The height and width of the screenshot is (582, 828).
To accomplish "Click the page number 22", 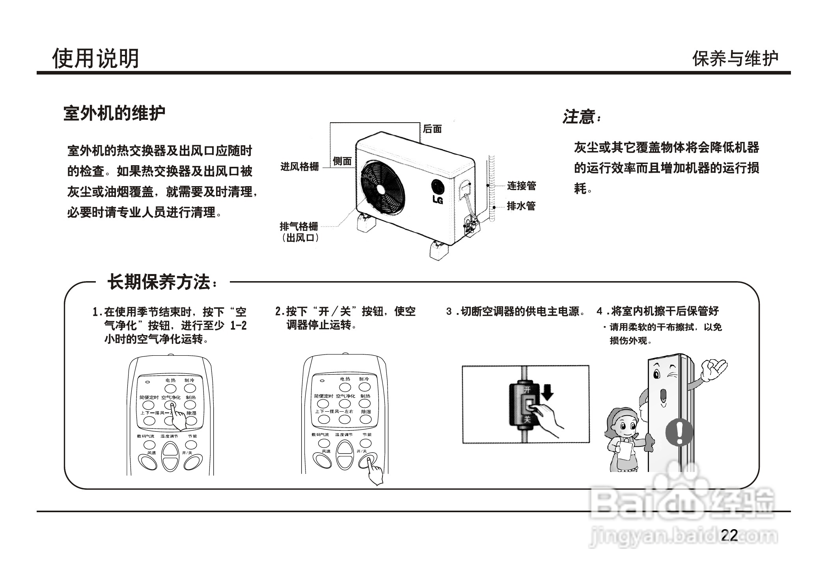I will click(729, 535).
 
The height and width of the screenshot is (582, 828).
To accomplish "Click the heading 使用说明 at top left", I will click(95, 58).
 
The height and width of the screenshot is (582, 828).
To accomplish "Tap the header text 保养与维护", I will click(735, 59).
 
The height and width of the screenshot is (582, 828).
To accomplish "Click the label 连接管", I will click(521, 186).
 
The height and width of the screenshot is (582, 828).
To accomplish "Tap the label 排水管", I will click(521, 206).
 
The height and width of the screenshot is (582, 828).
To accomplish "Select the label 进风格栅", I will click(299, 167).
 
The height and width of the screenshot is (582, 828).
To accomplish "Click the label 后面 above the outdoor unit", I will click(432, 129).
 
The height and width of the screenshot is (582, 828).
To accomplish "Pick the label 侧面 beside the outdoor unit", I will click(342, 161).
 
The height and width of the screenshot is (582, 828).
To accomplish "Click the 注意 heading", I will click(580, 117).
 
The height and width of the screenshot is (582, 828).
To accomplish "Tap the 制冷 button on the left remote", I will click(190, 388).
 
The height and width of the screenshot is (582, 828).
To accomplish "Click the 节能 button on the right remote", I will click(366, 444).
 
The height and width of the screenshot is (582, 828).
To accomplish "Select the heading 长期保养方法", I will click(160, 282).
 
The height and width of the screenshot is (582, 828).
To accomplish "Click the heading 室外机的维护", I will click(114, 114).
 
